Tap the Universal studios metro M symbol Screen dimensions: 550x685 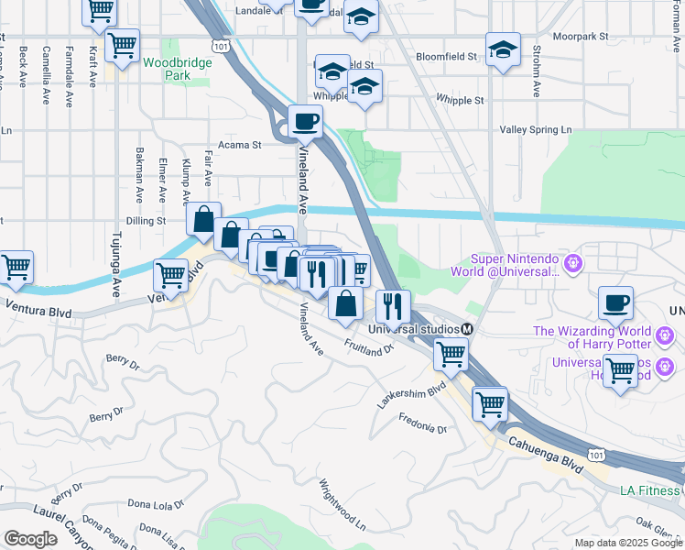click(x=467, y=329)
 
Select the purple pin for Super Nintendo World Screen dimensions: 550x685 click(x=574, y=264)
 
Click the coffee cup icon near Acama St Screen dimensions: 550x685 click(x=305, y=120)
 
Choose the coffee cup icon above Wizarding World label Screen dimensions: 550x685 click(x=616, y=302)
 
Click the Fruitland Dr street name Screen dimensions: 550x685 click(x=368, y=347)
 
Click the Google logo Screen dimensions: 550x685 click(x=30, y=539)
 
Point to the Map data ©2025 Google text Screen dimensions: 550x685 click(x=627, y=543)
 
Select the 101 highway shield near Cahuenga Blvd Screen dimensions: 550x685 click(x=597, y=455)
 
